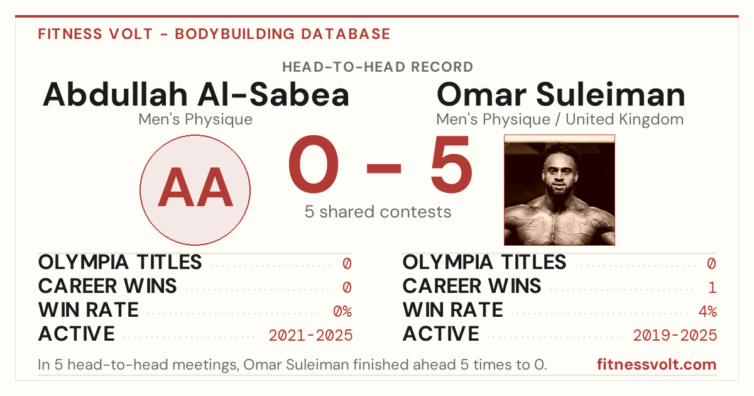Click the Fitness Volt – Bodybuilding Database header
coord(214,34)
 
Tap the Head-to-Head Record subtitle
coord(378,67)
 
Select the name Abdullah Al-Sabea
coord(196,95)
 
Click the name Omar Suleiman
coord(560,95)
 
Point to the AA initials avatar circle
coord(195,190)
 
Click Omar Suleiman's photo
coord(559,190)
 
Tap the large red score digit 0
coord(313,164)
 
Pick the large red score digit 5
coord(451,164)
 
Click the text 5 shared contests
coord(378,212)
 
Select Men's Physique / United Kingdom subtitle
coord(560,119)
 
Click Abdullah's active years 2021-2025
coord(310,336)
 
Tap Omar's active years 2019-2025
coord(675,336)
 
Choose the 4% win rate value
coord(708,312)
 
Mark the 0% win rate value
coord(342,312)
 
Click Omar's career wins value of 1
coord(713,288)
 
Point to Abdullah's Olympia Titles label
coord(120,262)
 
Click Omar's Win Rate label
coord(453,310)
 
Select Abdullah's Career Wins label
coord(107,286)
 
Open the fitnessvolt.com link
coord(657,365)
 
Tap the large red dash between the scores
coord(384,168)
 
